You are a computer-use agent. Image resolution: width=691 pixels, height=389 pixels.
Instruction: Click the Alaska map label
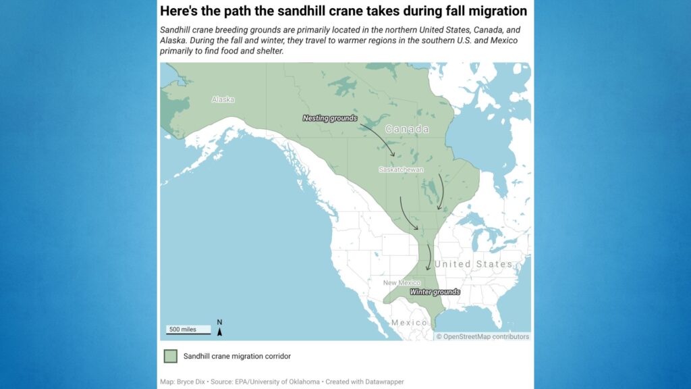point(223,99)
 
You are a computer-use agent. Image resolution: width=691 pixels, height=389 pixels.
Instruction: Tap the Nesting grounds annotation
point(329,118)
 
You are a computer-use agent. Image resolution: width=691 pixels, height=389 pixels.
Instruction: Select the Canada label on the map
point(407,129)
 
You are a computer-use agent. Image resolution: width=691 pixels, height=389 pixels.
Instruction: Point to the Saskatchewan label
point(401,170)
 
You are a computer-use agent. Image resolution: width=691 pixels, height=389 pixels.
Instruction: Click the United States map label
point(474,264)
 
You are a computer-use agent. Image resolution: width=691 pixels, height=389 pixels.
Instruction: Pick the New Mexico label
point(402,282)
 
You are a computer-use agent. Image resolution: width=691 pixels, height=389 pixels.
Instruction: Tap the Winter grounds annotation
point(435,292)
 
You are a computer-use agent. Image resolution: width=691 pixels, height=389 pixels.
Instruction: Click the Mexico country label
point(410,323)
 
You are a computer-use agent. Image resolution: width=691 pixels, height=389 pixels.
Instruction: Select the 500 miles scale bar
point(188,330)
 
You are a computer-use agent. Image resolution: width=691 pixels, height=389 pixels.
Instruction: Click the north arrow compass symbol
point(220,328)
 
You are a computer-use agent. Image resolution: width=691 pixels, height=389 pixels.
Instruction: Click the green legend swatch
point(170,356)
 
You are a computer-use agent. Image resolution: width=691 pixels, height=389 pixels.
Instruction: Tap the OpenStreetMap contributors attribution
point(482,337)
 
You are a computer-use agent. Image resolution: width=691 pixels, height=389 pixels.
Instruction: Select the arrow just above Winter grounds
point(429,257)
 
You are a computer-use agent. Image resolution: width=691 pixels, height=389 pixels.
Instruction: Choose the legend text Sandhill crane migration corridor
point(237,356)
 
